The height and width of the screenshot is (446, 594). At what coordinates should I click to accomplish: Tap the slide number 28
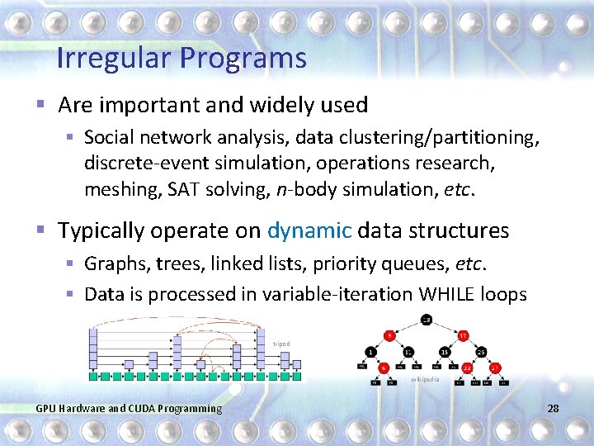point(552,409)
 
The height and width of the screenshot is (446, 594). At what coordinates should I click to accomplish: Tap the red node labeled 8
point(389,335)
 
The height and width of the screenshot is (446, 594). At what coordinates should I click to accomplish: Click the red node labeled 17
point(463,335)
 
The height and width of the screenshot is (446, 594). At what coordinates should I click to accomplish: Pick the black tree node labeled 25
point(481,352)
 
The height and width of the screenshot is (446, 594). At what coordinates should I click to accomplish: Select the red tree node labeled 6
point(384,368)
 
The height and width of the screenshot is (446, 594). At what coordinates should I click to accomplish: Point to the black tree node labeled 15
point(445,352)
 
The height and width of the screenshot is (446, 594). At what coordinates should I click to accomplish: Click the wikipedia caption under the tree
point(426,380)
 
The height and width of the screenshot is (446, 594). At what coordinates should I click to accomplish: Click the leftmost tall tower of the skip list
point(93,351)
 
